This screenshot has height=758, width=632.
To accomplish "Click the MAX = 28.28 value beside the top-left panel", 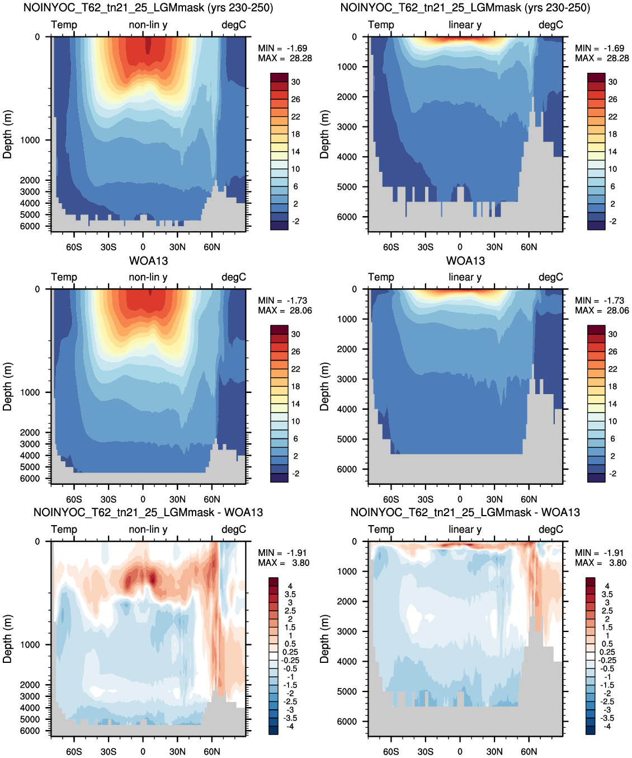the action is pos(285,58).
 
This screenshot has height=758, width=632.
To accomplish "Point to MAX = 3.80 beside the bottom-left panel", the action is pos(284,563).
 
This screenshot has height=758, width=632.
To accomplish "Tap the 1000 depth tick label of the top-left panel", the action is pos(30,140).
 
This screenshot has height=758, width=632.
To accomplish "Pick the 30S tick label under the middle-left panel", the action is pos(108,499).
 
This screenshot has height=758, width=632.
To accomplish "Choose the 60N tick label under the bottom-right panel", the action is pos(529,751).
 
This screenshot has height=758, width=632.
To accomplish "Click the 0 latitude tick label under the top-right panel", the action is pos(460,247).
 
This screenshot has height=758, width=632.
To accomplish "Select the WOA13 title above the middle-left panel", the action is pos(148,261).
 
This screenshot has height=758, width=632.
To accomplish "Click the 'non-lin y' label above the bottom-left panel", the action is pos(148,530).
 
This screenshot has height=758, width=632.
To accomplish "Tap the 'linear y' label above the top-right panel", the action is pos(465,25).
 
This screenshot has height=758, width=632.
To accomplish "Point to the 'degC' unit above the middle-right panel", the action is pos(551,277).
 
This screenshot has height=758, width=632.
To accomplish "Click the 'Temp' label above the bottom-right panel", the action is pos(381,530).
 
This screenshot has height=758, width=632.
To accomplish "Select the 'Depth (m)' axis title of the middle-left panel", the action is pos(7,386).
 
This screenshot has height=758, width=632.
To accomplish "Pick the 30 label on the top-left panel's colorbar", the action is pos(296,82).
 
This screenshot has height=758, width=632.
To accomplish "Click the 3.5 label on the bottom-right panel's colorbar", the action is pos(607,595).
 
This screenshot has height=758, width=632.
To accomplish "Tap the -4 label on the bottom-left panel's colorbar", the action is pos(290,727).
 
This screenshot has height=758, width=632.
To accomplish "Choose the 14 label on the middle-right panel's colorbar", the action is pos(612,404).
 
